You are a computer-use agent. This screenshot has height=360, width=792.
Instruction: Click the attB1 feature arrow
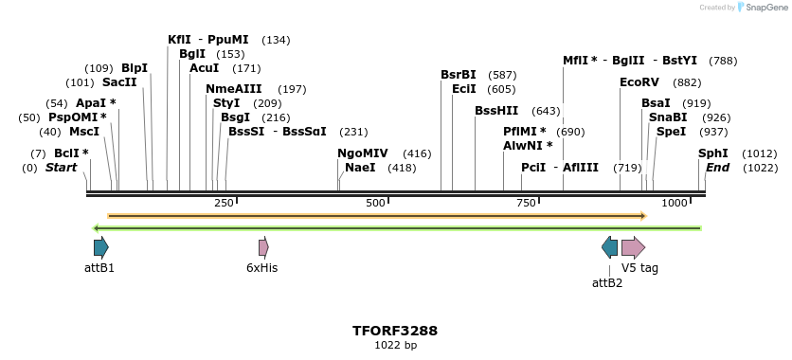click(100, 248)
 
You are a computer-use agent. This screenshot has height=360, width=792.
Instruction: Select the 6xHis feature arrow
click(263, 248)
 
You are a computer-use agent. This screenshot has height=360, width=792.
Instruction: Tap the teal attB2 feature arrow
click(609, 248)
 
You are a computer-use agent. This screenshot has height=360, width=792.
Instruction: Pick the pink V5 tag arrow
click(633, 248)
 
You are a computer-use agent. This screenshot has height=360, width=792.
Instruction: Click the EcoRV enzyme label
click(639, 82)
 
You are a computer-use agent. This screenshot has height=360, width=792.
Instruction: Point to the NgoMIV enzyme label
click(363, 153)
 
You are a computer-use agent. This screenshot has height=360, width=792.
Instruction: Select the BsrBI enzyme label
click(459, 75)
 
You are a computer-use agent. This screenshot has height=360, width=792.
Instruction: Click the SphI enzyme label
click(713, 153)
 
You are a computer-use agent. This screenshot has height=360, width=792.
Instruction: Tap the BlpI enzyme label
click(135, 68)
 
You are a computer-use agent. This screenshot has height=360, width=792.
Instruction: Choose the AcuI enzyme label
click(205, 68)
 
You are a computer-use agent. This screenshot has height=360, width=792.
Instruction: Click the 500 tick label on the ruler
click(376, 204)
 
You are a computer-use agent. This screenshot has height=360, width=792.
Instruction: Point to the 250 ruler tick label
click(224, 204)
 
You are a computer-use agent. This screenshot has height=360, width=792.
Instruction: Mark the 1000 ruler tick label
click(675, 204)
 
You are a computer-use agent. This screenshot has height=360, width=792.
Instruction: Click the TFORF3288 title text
click(395, 331)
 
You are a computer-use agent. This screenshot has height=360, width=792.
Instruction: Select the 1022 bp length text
click(395, 346)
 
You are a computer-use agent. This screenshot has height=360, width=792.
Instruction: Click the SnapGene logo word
click(765, 8)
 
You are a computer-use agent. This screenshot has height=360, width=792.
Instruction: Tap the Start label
click(62, 168)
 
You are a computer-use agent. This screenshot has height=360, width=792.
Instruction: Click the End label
click(718, 168)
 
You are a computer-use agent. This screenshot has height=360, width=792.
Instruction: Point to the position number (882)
click(688, 82)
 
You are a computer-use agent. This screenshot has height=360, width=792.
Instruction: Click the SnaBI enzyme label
click(668, 117)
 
